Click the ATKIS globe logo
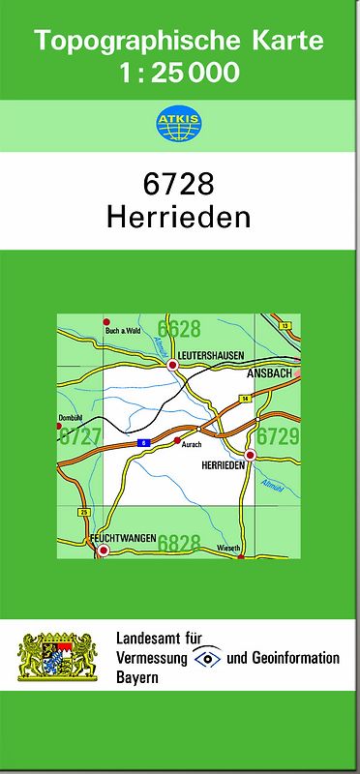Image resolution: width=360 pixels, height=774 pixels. [x=179, y=124]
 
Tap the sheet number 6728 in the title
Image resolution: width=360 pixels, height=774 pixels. [x=179, y=184]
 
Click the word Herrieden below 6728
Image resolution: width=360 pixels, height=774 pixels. [x=179, y=217]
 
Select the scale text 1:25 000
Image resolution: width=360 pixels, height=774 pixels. [x=179, y=73]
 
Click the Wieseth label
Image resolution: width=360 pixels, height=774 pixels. [x=228, y=548]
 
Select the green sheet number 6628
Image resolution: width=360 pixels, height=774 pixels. [x=179, y=328]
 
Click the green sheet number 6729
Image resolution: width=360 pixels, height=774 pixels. [x=277, y=436]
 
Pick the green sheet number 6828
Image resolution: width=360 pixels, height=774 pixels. [x=179, y=542]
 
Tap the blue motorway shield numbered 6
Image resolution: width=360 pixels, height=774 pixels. [x=143, y=442]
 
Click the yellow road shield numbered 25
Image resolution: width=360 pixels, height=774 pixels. [x=84, y=511]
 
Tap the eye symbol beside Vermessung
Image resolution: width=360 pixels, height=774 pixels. [x=207, y=658]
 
